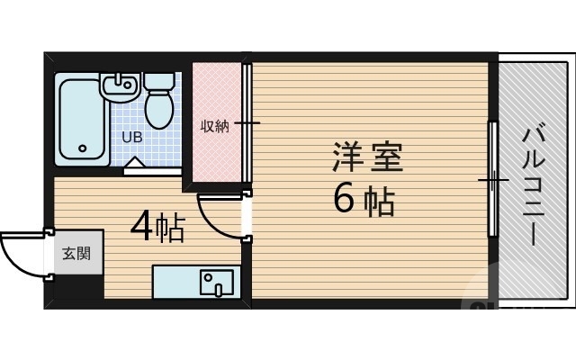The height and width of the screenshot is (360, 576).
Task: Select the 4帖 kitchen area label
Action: coord(157,228)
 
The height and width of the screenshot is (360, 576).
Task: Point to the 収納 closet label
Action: coord(214,126)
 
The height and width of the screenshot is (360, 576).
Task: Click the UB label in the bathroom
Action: coord(131,138)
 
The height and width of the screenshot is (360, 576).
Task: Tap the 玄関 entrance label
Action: coord(76,253)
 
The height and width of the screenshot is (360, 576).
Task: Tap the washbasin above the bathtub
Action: coord(118,86)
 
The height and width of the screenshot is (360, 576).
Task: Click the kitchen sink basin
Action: coord(216,282)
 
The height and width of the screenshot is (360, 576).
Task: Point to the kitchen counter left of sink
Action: coord(175,282)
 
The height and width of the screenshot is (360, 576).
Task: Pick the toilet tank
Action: coord(160,82)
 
